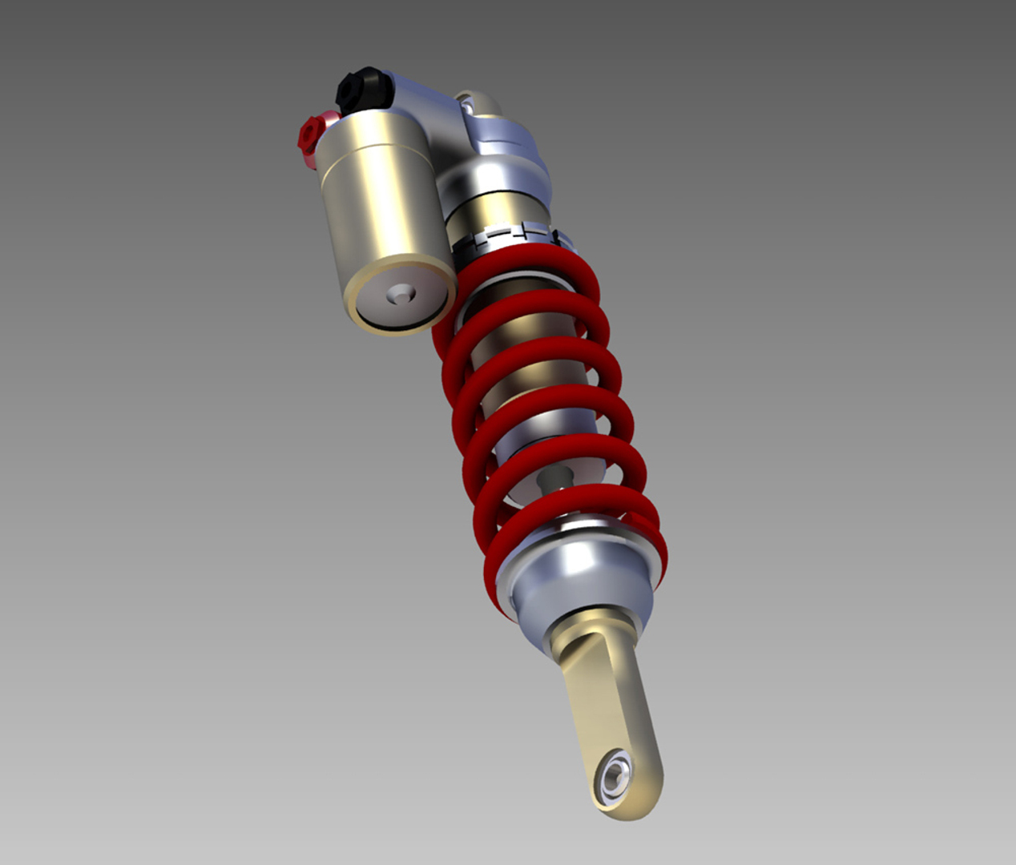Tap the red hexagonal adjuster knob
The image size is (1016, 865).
(x=309, y=137)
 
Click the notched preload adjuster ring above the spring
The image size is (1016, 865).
(x=513, y=237)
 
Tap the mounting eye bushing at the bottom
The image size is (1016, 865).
(x=615, y=774)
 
